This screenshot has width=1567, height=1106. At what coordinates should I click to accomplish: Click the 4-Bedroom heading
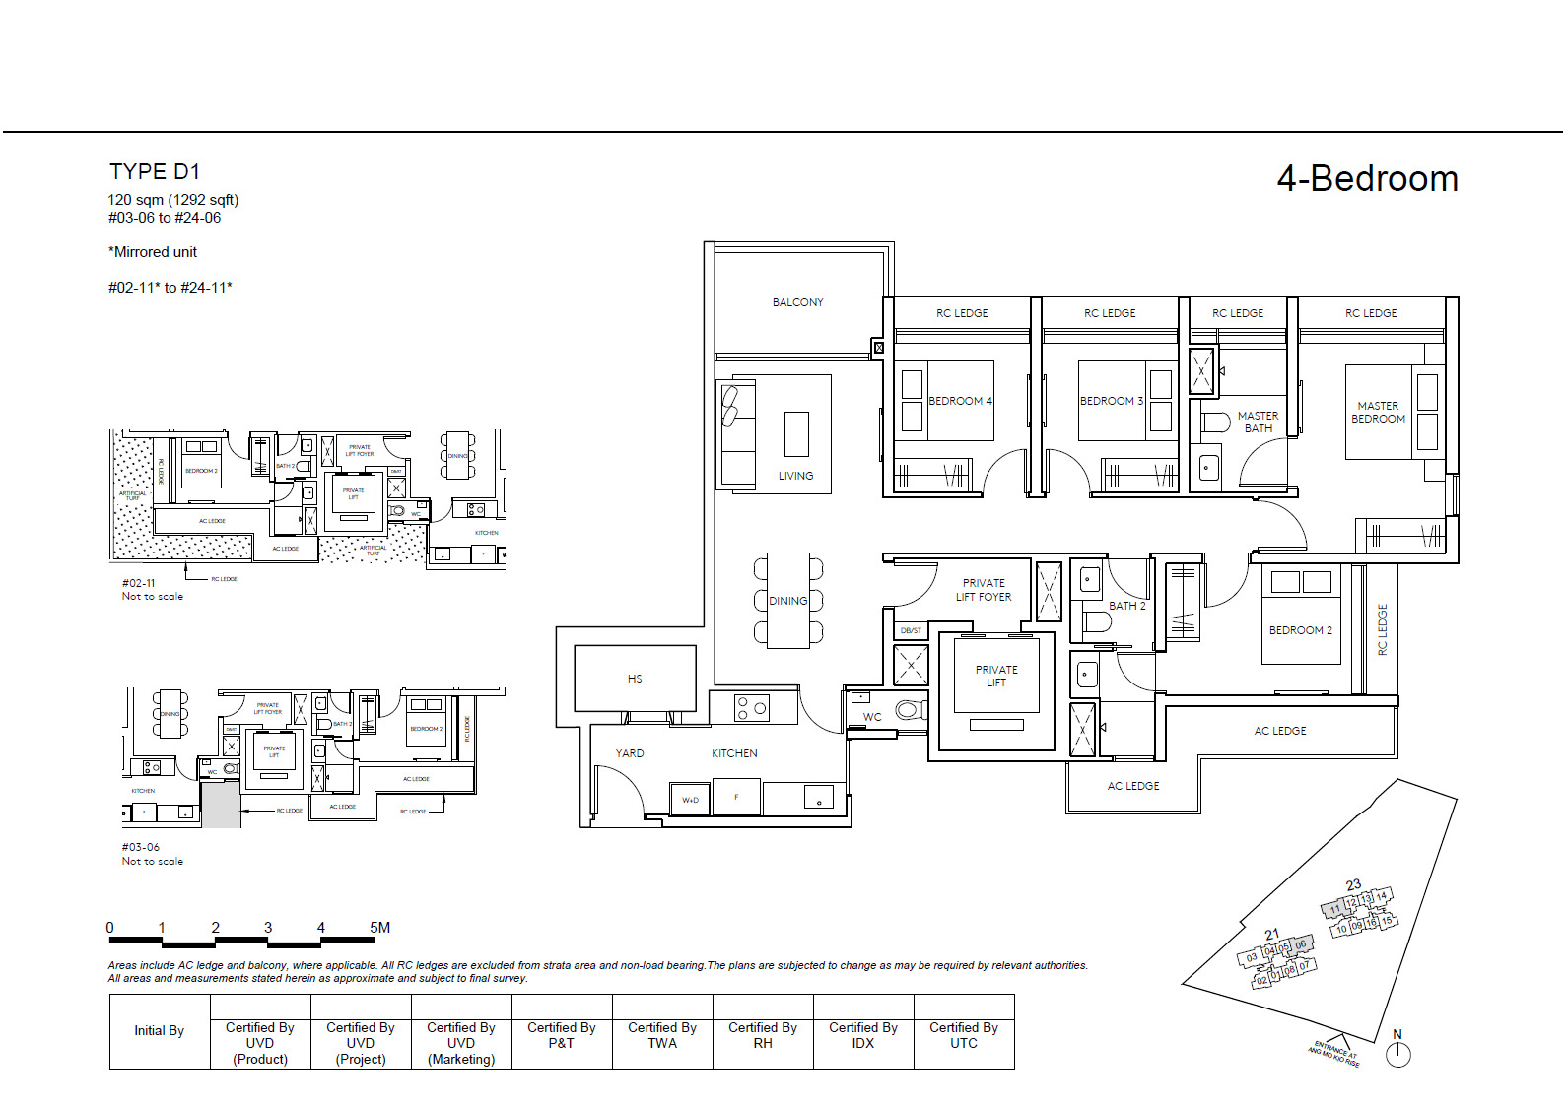[1367, 179]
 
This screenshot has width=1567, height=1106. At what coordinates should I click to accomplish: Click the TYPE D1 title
[155, 172]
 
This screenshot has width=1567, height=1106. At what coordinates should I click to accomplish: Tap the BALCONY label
[797, 302]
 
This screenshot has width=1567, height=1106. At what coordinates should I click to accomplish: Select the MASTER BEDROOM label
[1378, 412]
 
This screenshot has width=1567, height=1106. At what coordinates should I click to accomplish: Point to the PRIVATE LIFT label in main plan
[996, 676]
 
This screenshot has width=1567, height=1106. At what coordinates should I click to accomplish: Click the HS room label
[635, 679]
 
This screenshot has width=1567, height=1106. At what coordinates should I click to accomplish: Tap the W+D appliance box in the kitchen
[690, 800]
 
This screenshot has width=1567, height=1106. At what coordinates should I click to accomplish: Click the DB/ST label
[911, 630]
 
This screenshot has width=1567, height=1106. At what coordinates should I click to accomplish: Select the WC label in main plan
[872, 717]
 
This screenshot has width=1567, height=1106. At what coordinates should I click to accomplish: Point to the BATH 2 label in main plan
[1126, 606]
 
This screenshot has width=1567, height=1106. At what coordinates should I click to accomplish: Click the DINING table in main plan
[788, 601]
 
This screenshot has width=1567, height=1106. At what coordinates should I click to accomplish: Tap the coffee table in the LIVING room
[796, 434]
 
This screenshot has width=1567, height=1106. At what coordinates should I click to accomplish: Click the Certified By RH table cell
[763, 1035]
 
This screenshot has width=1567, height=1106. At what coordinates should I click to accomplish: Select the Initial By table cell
[160, 1031]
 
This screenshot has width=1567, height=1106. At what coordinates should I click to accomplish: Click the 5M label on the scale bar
[379, 928]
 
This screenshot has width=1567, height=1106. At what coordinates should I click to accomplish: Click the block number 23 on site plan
[1353, 884]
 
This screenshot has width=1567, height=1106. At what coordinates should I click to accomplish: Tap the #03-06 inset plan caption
[141, 847]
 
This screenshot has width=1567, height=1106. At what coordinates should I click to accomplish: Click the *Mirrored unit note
[153, 252]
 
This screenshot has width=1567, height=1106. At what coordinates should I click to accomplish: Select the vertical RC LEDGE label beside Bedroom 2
[1382, 630]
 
